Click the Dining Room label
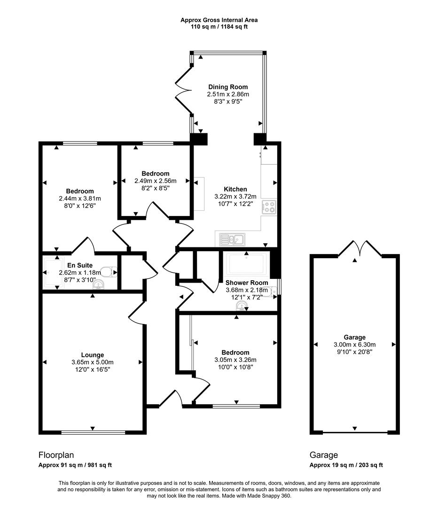coord(228,87)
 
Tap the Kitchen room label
coord(235,189)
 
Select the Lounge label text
coord(92,355)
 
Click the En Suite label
coord(76,265)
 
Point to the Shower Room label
coord(247,283)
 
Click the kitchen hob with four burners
coord(269,207)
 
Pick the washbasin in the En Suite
coord(99,284)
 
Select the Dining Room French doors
coord(183,89)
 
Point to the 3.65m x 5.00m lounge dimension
coord(92,362)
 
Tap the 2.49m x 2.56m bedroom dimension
coord(155,181)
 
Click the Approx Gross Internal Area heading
coord(219,20)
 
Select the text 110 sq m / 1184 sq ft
coord(219,27)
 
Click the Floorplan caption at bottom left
coord(56,455)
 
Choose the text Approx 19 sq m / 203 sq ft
coord(346,465)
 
